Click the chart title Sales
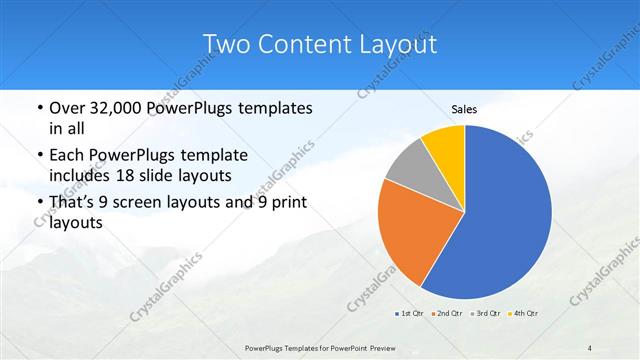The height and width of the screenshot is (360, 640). [464, 109]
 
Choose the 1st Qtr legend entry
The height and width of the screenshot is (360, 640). [410, 313]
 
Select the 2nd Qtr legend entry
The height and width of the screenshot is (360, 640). [445, 313]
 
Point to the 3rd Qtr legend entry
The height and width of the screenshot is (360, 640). [486, 313]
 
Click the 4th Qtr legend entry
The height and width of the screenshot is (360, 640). [525, 313]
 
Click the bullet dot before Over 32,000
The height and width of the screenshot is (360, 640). [38, 108]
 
